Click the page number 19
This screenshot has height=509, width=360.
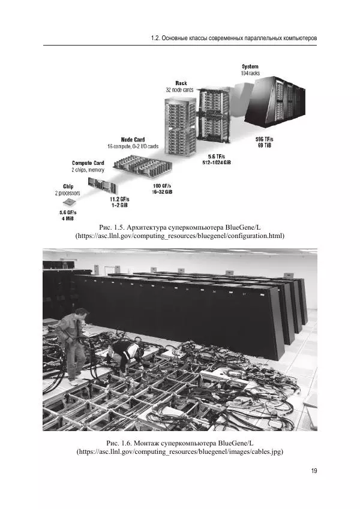pyautogui.click(x=314, y=471)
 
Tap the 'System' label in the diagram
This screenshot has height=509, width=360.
pyautogui.click(x=250, y=67)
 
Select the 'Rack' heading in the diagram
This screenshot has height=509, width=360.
pyautogui.click(x=181, y=83)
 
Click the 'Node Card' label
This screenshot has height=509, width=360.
pyautogui.click(x=133, y=140)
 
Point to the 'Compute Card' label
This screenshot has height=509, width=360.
pyautogui.click(x=88, y=163)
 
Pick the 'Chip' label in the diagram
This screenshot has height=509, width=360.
pyautogui.click(x=68, y=186)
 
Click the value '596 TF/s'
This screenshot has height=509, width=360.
pyautogui.click(x=265, y=139)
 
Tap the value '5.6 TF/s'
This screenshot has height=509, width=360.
pyautogui.click(x=217, y=156)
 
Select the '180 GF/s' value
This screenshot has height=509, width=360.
pyautogui.click(x=162, y=186)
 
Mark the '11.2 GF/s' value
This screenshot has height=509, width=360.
pyautogui.click(x=119, y=199)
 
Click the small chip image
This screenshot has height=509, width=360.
pyautogui.click(x=69, y=202)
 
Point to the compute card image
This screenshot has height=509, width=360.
pyautogui.click(x=101, y=186)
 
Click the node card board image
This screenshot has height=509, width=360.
pyautogui.click(x=143, y=166)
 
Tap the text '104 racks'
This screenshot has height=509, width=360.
pyautogui.click(x=250, y=73)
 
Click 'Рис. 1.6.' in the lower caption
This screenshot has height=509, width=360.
pyautogui.click(x=119, y=443)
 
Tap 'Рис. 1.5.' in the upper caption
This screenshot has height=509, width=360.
pyautogui.click(x=112, y=227)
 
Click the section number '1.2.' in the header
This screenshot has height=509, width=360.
pyautogui.click(x=155, y=38)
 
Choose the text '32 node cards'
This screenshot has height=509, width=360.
pyautogui.click(x=179, y=90)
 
